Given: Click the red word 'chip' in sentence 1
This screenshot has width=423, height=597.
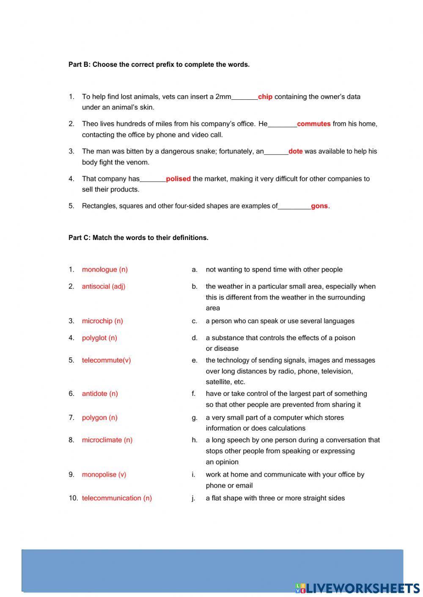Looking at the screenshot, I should point(265,97).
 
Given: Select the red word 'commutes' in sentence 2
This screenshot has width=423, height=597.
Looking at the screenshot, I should point(313,124).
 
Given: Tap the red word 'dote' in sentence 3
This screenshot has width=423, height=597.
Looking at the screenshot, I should point(295,151).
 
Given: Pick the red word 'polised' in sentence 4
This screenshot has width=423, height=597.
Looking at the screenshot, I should point(178,179).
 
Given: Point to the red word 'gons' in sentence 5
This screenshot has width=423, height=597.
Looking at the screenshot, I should point(319,206).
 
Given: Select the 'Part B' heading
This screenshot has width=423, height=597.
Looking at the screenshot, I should point(159,65).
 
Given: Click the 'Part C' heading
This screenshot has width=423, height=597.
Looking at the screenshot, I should point(138,238).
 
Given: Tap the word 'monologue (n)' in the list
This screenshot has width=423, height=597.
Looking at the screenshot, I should point(104,270).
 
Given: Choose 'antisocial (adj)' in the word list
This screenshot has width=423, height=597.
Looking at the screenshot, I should point(103,286).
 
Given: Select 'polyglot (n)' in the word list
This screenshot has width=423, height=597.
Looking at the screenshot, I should point(99,338).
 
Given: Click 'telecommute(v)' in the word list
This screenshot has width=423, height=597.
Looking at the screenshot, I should point(106,360).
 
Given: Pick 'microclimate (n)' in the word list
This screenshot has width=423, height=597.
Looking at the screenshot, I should point(107,440).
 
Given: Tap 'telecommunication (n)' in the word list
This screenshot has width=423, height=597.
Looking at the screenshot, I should point(117,498).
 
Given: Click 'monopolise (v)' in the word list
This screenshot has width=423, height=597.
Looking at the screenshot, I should point(104,474).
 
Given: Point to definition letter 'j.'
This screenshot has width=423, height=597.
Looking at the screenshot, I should point(193,499).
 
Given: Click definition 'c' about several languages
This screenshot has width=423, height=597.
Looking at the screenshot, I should point(280,321).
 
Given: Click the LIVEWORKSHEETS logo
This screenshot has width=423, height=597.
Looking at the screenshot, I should point(357,588).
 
